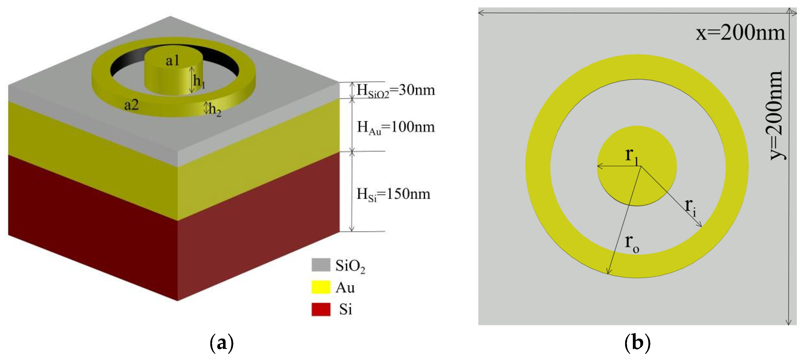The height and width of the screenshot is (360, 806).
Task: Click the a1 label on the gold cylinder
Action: [x=172, y=60]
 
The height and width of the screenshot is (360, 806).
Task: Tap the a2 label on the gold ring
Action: [x=132, y=105]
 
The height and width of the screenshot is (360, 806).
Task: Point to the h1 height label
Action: [x=199, y=81]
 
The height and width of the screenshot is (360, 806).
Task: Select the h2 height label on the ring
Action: [x=215, y=110]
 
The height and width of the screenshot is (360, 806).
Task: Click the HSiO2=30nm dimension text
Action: [x=396, y=90]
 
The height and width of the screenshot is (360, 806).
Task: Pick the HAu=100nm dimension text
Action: [x=396, y=127]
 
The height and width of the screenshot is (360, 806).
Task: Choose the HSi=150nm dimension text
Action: [x=394, y=194]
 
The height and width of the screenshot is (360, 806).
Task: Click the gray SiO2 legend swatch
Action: [x=321, y=265]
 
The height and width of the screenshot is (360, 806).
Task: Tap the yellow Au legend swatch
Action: [x=321, y=287]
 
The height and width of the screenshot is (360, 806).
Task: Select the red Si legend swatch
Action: [x=321, y=309]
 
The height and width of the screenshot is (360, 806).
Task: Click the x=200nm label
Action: [x=740, y=32]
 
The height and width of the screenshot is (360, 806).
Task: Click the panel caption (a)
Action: [x=221, y=343]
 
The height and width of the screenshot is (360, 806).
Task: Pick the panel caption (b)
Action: [x=637, y=343]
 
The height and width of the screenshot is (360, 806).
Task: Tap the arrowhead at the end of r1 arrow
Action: [x=598, y=166]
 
